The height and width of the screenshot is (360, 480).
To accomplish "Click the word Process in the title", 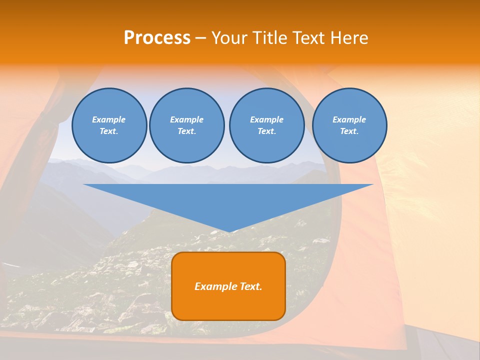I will pos(157,38).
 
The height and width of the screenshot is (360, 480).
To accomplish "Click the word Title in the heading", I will pos(268,38).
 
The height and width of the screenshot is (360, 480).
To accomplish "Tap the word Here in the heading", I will pos(348,38).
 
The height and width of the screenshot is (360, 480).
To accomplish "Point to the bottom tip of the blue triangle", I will pos(228,231).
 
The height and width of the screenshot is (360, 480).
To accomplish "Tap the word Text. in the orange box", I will pos(249,286).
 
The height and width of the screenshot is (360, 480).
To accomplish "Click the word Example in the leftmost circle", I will pos(109,119).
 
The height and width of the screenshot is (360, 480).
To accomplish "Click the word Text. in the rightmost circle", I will pos(349,131).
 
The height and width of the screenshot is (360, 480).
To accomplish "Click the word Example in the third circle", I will pos(266,119).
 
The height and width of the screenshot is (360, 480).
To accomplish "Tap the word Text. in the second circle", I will pos(186,131).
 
